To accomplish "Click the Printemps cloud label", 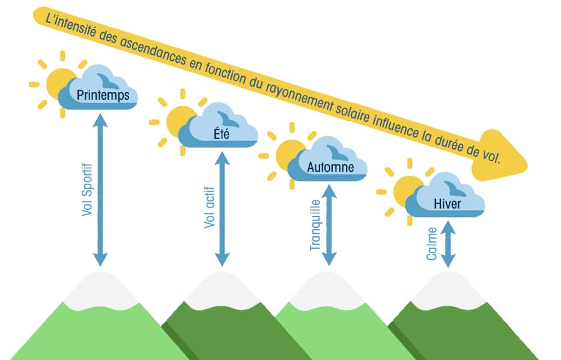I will click(x=103, y=96).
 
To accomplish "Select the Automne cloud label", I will click(x=330, y=167).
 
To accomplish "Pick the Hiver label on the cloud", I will click(x=447, y=204).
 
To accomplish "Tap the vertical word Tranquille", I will click(x=314, y=225).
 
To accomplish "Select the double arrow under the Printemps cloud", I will click(x=101, y=189).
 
